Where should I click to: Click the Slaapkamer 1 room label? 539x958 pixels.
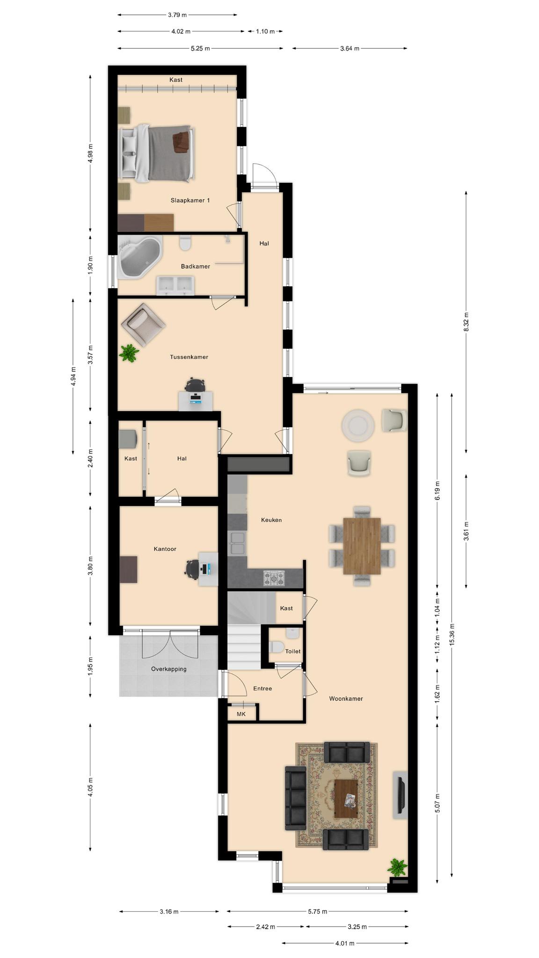click(x=190, y=200)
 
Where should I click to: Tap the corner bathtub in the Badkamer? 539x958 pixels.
click(x=139, y=257)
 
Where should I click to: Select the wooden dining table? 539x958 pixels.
click(x=362, y=545)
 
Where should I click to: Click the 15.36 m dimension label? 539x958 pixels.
click(x=452, y=635)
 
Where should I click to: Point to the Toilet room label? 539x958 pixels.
click(x=293, y=651)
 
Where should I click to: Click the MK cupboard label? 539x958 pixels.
click(x=241, y=714)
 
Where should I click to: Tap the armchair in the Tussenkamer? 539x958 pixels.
click(x=143, y=325)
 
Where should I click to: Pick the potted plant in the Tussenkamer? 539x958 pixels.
click(x=129, y=353)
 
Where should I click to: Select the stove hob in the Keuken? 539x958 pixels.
click(x=274, y=578)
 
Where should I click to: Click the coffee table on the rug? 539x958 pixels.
click(x=346, y=798)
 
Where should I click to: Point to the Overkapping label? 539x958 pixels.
click(x=168, y=669)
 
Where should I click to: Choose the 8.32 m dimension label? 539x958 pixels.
click(x=466, y=322)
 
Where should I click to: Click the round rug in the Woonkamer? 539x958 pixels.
click(x=358, y=426)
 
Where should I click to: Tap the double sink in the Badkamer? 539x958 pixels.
click(x=175, y=285)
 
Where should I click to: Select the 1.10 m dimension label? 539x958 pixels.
click(x=265, y=31)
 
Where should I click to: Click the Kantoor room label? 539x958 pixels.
click(x=165, y=549)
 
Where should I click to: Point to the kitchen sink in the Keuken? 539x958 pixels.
click(x=237, y=543)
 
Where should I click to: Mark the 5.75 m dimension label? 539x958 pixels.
click(x=318, y=911)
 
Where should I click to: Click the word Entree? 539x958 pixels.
click(x=262, y=688)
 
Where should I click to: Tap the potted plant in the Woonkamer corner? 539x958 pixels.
click(x=397, y=867)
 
